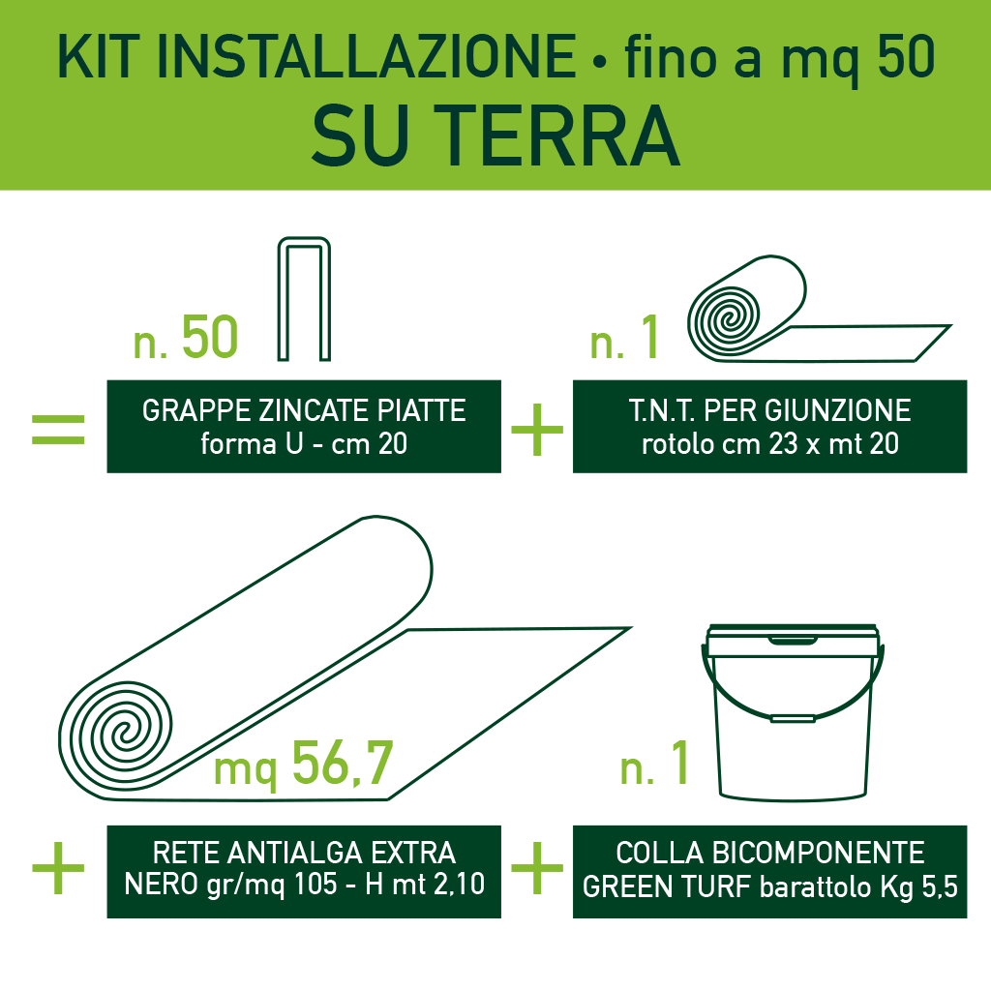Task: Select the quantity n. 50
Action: (185, 337)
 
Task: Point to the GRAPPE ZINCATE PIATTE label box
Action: (304, 426)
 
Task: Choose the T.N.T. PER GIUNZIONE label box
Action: (769, 426)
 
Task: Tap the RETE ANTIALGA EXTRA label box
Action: (304, 871)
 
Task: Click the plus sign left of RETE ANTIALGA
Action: (58, 868)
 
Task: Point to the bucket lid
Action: (794, 641)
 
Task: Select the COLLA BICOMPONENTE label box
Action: (769, 871)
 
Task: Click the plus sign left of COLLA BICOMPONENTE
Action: (536, 868)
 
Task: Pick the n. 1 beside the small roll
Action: (624, 339)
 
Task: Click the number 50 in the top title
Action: (906, 58)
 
